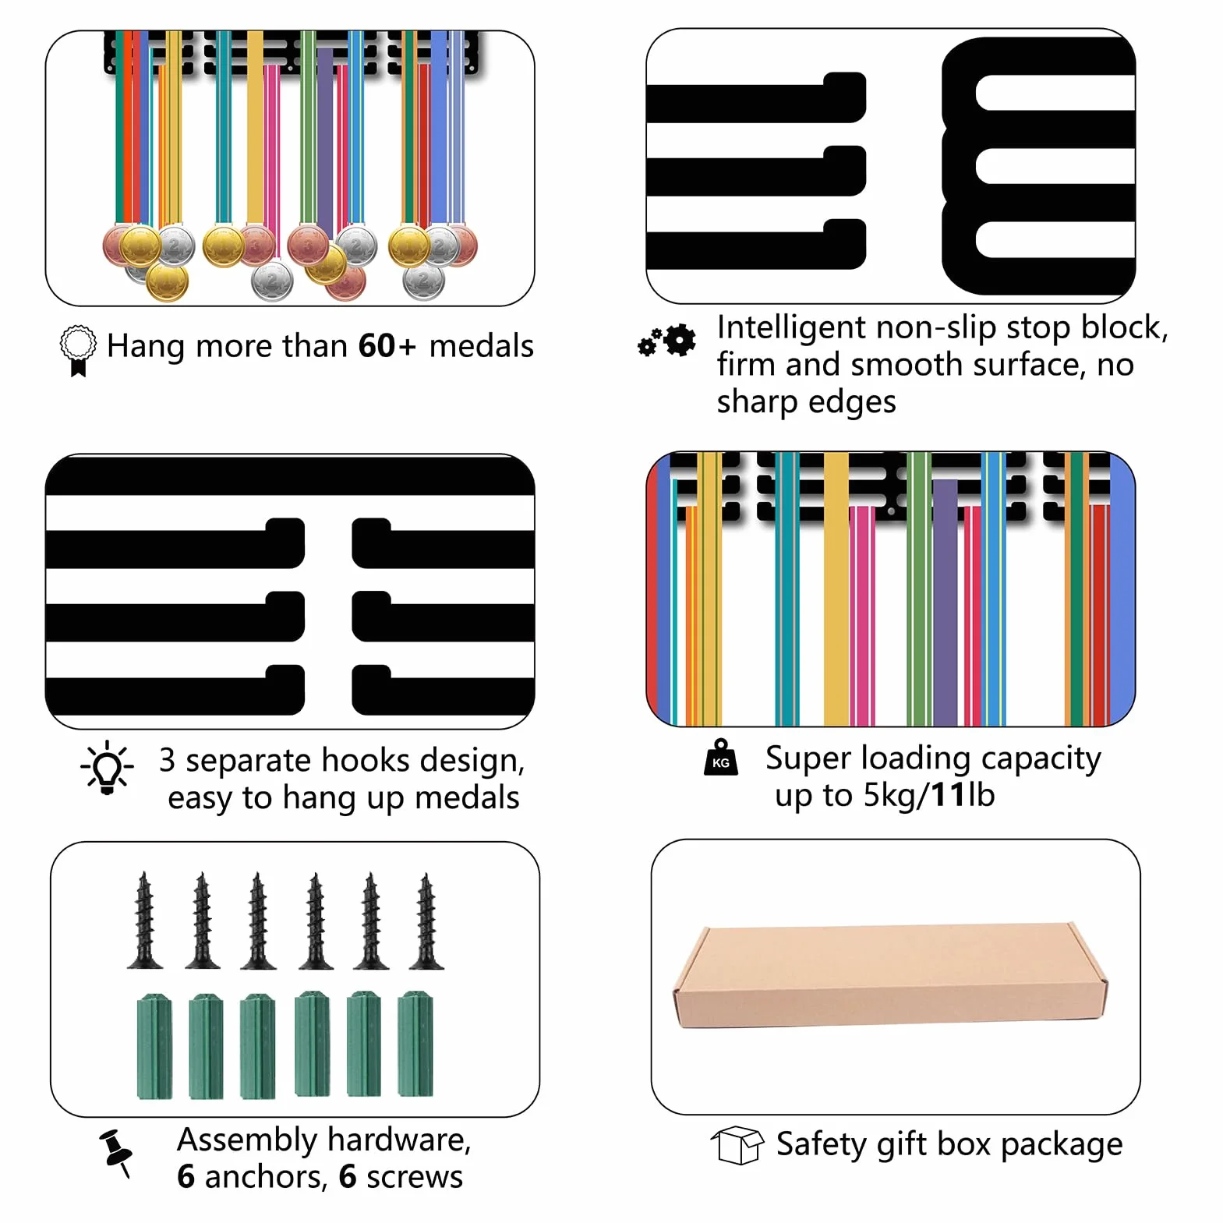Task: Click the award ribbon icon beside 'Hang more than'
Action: coord(78,350)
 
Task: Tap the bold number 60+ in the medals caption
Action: coord(387,346)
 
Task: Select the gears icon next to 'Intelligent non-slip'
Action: coord(667,341)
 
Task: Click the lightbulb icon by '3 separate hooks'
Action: coord(108,768)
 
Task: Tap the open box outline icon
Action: coord(737,1145)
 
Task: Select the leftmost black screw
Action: coord(145,921)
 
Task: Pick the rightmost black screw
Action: coord(426,921)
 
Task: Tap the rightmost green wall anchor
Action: coord(415,1044)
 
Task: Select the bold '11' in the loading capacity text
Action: coord(949,795)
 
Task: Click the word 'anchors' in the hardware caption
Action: coord(266,1177)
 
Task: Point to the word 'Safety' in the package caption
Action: coord(822,1145)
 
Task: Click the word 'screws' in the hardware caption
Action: coord(415,1177)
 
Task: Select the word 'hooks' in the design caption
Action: coord(366,760)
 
